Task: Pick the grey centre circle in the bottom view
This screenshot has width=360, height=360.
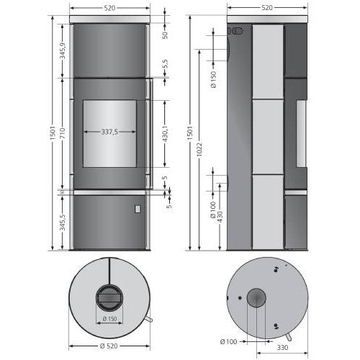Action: click(x=256, y=298)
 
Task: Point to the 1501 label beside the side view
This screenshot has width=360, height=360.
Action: click(x=189, y=134)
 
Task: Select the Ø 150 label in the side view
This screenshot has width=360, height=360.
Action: click(x=213, y=76)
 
